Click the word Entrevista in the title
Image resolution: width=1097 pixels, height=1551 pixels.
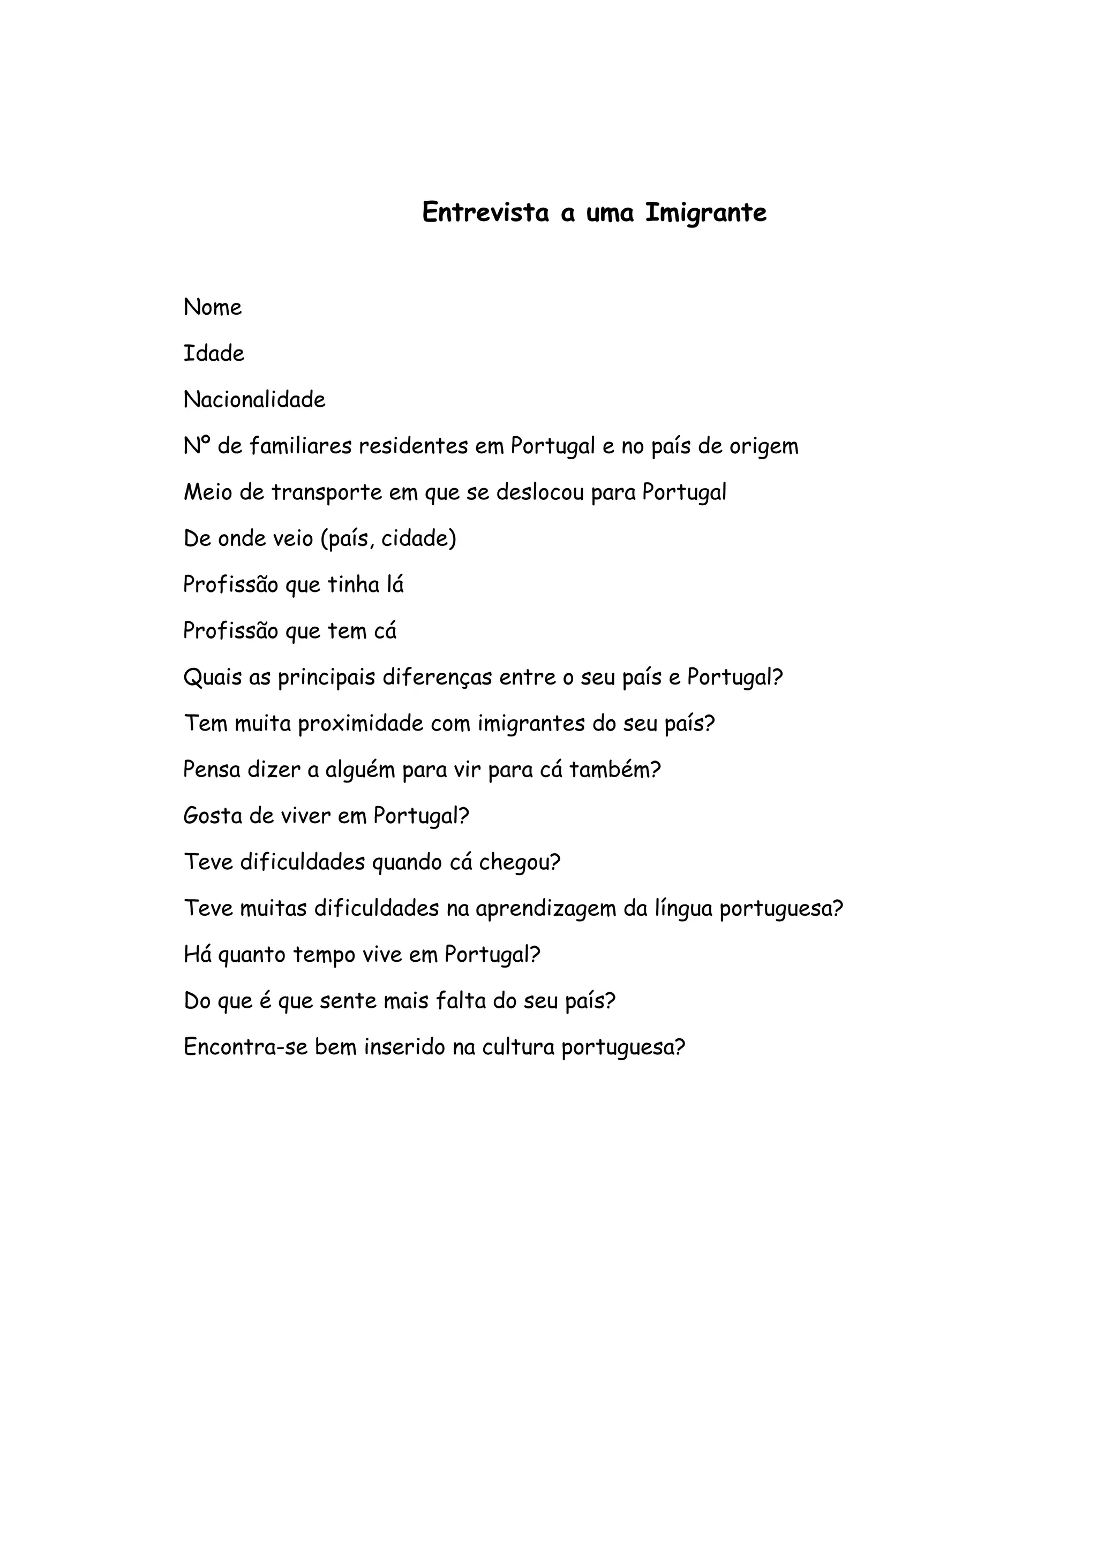click(485, 213)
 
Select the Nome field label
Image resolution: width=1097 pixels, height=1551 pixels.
click(212, 307)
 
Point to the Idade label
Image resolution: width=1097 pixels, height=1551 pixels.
click(214, 353)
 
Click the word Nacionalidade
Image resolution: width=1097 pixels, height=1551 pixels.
click(254, 400)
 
